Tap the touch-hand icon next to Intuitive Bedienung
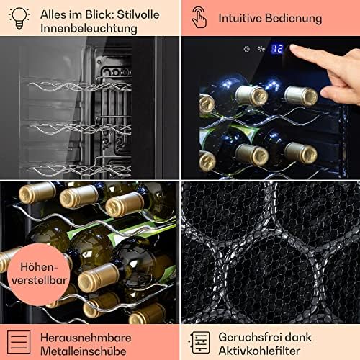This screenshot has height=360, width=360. (x=199, y=17)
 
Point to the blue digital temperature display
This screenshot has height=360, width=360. (x=277, y=50)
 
